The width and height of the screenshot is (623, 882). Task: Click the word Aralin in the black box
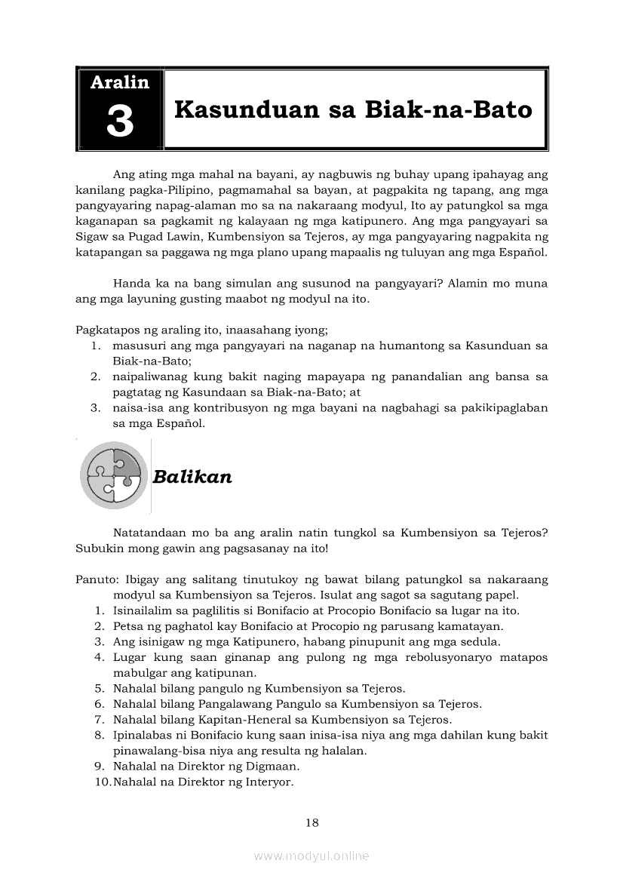pos(120,82)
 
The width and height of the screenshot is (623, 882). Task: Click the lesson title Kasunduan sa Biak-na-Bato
pos(353,109)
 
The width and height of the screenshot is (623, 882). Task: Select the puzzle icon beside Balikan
pos(113,476)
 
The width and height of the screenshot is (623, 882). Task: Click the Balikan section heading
pos(192,477)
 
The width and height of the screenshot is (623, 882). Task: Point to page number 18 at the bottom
pos(312,822)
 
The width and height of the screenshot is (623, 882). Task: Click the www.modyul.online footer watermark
pos(311,856)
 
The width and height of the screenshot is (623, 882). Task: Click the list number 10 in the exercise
pos(103,782)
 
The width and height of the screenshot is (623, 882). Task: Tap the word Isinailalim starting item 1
pos(144,611)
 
